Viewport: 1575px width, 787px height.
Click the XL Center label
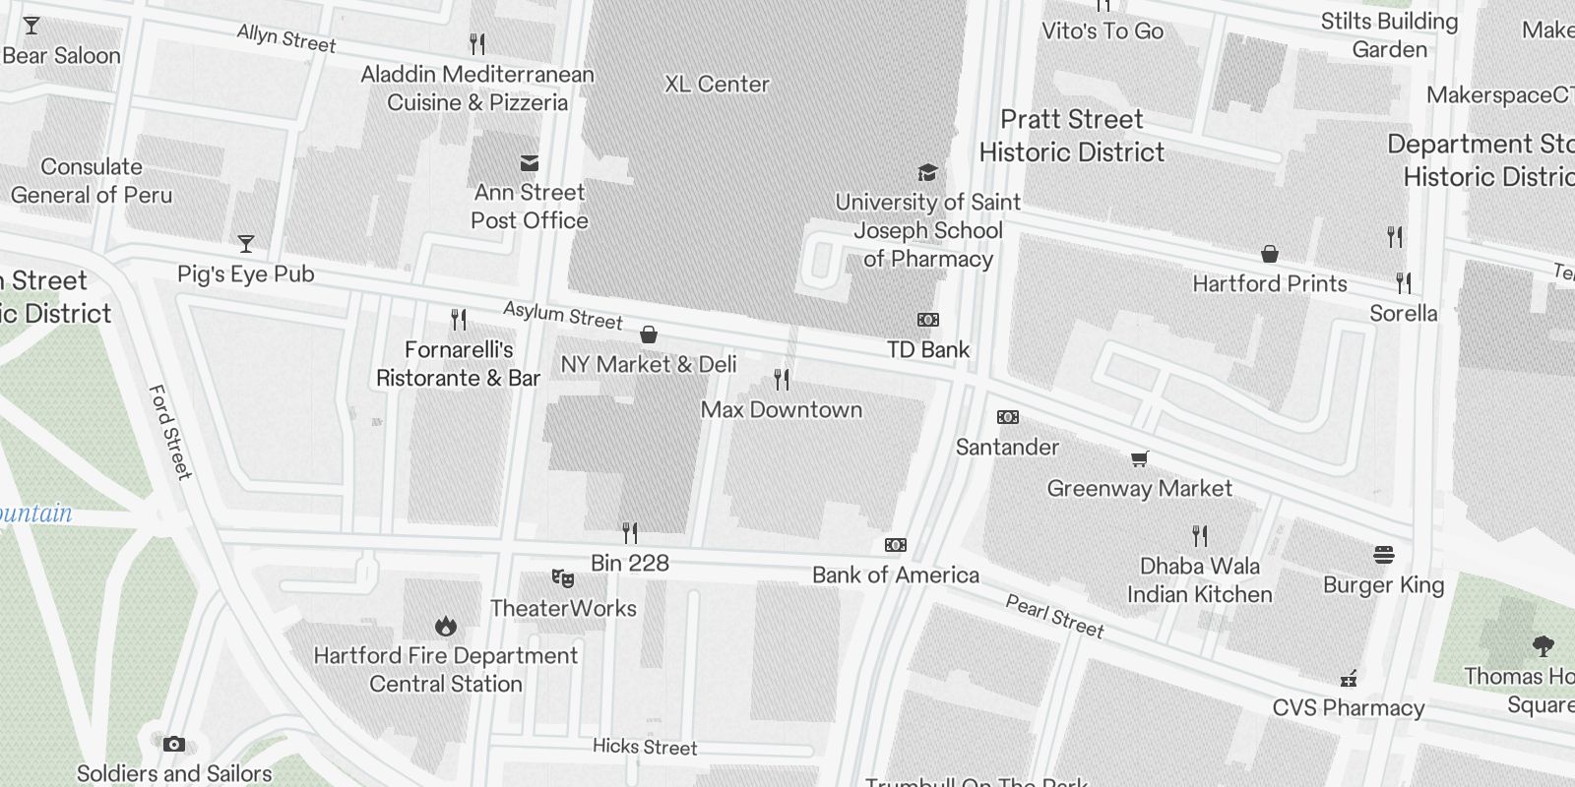pos(717,85)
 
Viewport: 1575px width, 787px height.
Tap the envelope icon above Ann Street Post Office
pos(530,163)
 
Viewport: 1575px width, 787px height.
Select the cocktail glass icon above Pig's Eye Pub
pos(246,244)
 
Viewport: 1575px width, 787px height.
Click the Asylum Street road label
pos(563,315)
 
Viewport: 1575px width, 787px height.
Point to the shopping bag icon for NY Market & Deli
pos(649,335)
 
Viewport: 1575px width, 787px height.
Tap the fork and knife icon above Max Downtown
pos(782,379)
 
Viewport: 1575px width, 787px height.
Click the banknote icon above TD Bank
pos(928,320)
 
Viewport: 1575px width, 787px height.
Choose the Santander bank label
pos(1007,448)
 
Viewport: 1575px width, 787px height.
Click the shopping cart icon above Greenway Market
pos(1140,458)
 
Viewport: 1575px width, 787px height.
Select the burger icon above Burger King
pos(1383,556)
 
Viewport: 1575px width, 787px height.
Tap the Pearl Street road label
pos(1054,616)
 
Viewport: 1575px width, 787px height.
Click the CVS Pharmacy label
pos(1348,708)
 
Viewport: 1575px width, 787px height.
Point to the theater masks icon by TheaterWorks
pos(563,577)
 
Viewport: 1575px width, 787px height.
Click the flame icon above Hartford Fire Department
pos(446,626)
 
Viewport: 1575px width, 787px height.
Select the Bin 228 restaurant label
pos(630,564)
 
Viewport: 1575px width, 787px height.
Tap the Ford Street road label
pos(169,432)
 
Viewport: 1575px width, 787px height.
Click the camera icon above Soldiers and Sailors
pos(174,744)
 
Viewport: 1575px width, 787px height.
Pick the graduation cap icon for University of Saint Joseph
pos(927,173)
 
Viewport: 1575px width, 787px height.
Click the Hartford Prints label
pos(1270,284)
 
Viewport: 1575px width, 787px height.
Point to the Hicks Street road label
pos(645,747)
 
